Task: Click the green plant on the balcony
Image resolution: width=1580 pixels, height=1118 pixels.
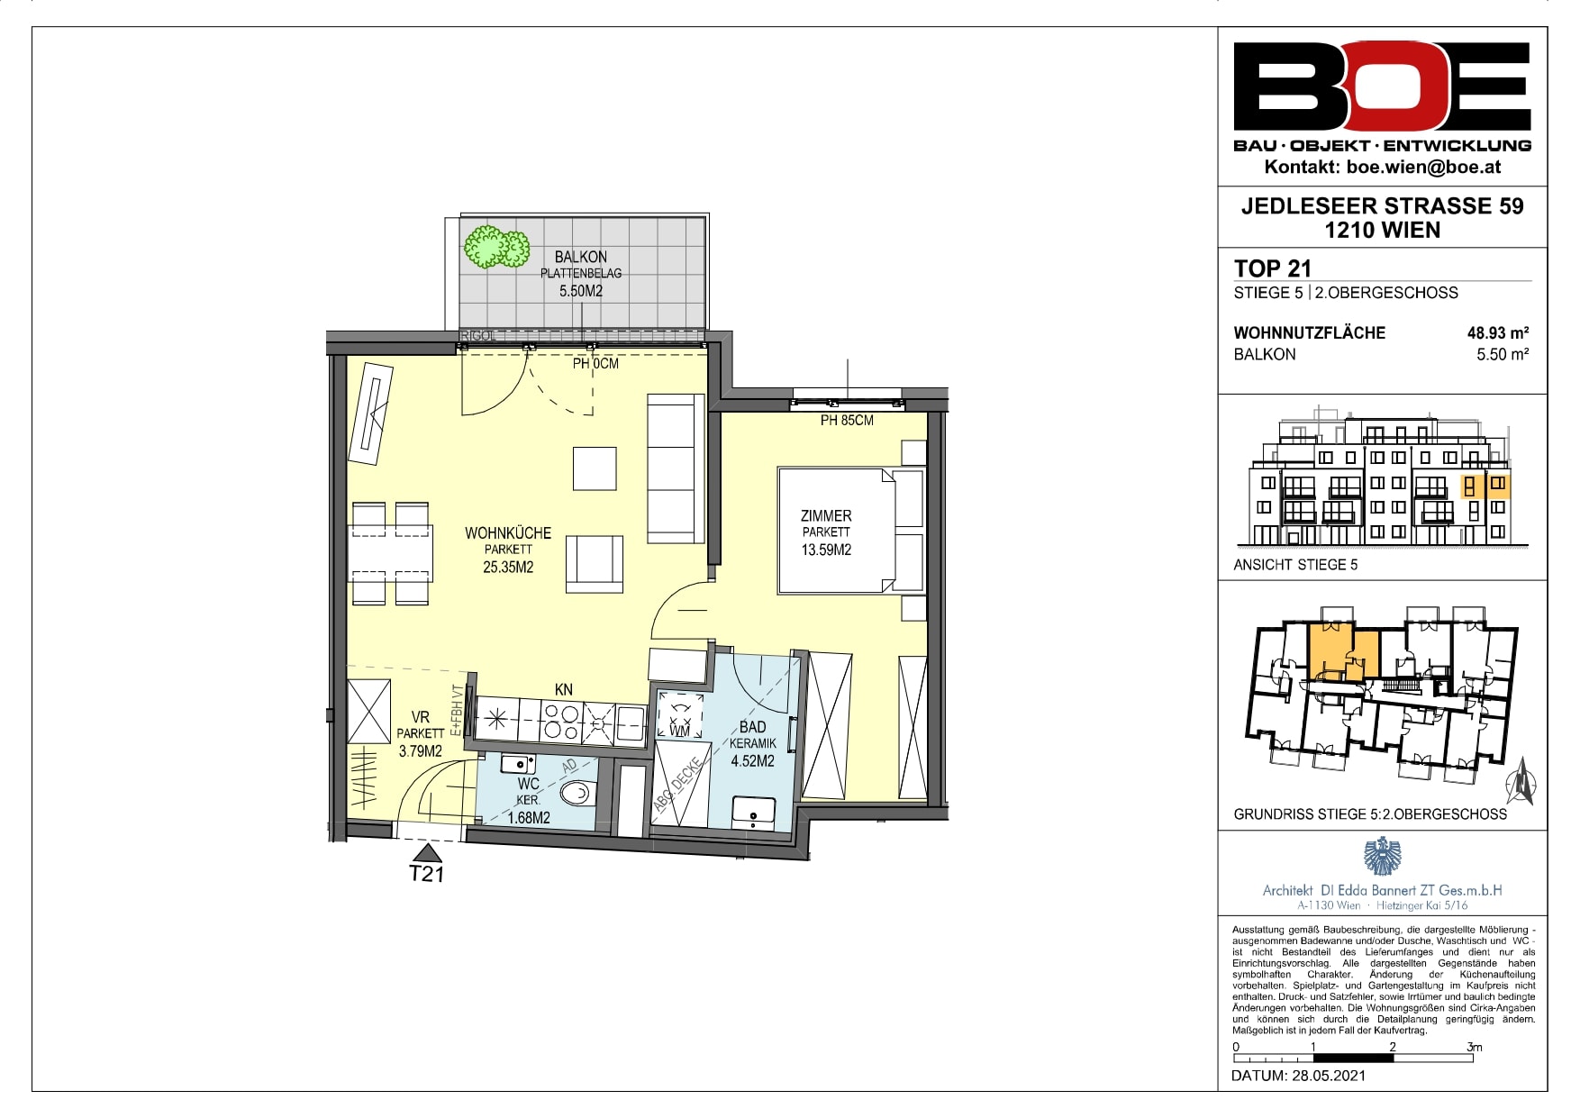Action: [x=495, y=247]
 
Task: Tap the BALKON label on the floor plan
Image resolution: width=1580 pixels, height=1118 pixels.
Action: [x=581, y=257]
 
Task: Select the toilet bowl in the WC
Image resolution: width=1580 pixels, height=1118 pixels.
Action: [x=575, y=794]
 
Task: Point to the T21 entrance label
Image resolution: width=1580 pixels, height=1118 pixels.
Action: [x=427, y=873]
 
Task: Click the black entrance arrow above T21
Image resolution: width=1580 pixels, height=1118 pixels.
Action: [x=427, y=852]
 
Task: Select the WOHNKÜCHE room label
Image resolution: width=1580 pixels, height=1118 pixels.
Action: [x=508, y=532]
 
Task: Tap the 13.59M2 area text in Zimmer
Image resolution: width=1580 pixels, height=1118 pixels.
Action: [x=826, y=550]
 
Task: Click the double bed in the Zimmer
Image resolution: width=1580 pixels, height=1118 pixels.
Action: [x=852, y=530]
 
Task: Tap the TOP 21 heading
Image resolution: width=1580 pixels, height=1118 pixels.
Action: [x=1272, y=268]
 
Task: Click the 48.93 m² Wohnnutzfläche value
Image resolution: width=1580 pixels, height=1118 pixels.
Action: [x=1498, y=332]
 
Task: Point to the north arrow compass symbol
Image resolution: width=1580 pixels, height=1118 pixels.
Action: [x=1521, y=780]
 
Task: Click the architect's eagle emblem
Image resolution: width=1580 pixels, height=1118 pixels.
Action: [x=1382, y=856]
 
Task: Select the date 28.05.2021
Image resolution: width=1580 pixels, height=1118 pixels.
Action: [x=1329, y=1075]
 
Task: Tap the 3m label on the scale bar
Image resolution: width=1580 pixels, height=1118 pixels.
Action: [x=1474, y=1047]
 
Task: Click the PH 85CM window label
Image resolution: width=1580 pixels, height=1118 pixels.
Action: [x=847, y=420]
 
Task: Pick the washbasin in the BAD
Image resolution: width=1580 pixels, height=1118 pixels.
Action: [x=754, y=813]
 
